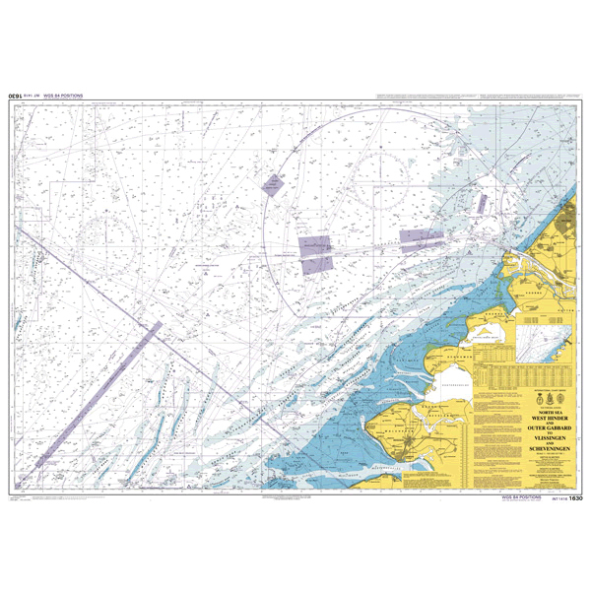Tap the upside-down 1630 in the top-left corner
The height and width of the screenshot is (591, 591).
(16, 97)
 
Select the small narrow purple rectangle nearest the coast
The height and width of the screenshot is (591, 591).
(482, 203)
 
